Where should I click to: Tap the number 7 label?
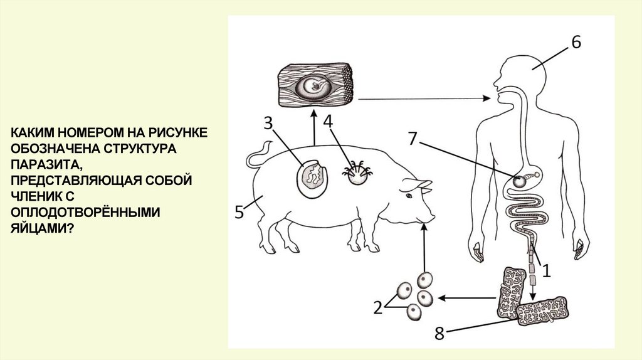411,139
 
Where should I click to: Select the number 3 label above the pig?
268,123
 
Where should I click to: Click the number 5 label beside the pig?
239,212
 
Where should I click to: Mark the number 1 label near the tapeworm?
545,270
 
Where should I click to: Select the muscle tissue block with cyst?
318,85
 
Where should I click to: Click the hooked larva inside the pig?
357,175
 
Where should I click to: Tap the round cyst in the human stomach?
520,181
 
